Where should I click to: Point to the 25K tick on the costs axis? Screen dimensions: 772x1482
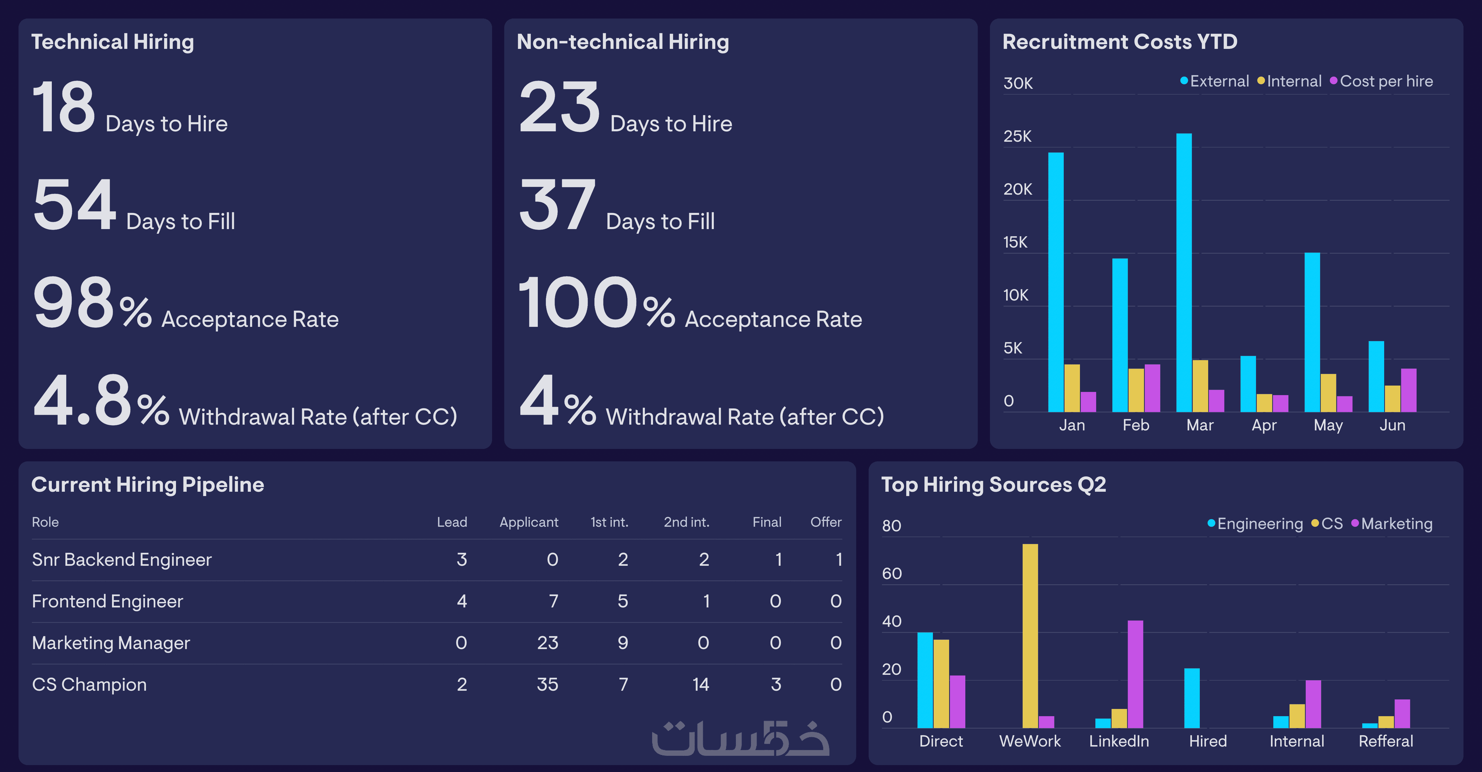click(x=1017, y=136)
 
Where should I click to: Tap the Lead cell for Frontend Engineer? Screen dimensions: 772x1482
click(x=461, y=601)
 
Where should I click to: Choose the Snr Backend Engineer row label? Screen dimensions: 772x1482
click(x=122, y=559)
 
